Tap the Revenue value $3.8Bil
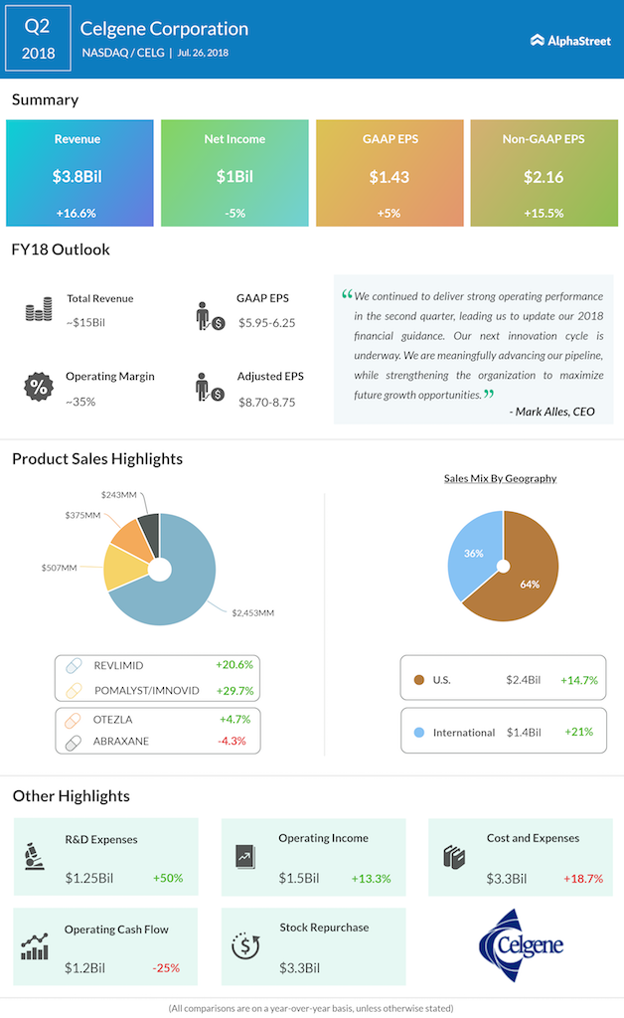pos(79,177)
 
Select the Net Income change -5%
pos(234,213)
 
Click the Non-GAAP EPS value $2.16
pos(544,177)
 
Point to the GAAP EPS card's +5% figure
pos(389,213)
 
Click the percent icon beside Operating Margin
pos(39,388)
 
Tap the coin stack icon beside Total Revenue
pos(39,310)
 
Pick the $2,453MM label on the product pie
pos(252,612)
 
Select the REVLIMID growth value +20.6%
pos(234,664)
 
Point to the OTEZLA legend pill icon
pos(74,718)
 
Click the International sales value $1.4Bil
pos(523,732)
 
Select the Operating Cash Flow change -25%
pos(166,968)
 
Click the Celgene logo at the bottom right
pos(521,945)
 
